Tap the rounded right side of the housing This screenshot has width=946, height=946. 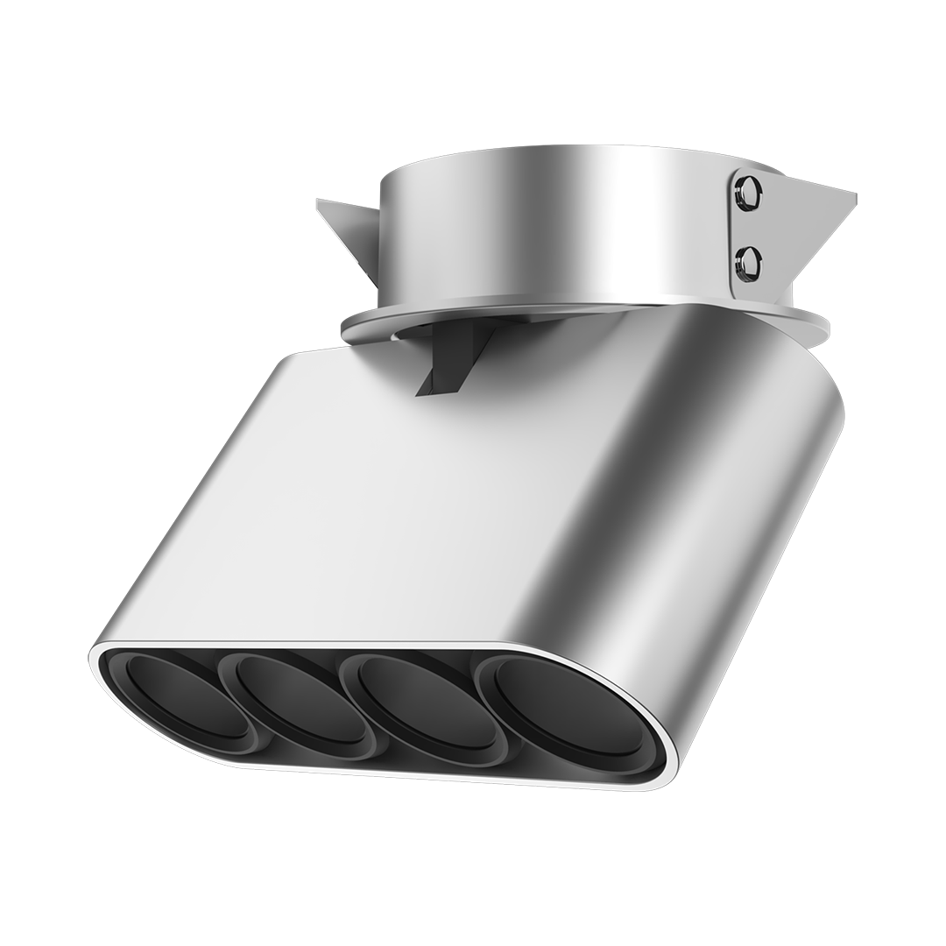pyautogui.click(x=745, y=491)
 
